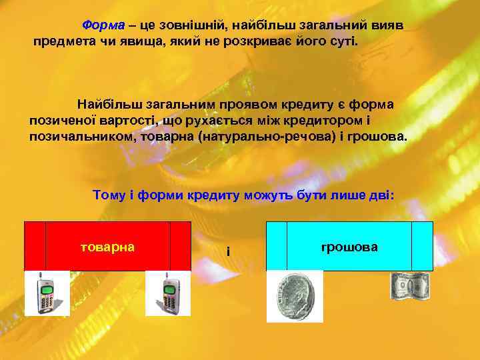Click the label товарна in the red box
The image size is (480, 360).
pos(107,247)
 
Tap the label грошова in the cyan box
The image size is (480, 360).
pos(349,247)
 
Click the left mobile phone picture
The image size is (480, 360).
pos(47,293)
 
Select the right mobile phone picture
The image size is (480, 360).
pos(168,293)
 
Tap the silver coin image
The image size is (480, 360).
pos(295,295)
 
